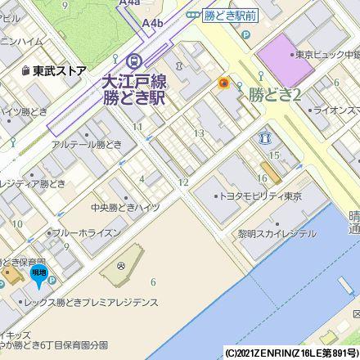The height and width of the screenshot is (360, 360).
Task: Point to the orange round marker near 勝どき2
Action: tap(223, 83)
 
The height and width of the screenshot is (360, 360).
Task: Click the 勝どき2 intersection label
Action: tap(276, 95)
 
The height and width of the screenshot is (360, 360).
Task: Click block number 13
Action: tap(198, 133)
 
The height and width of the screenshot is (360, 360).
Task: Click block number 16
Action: tap(263, 178)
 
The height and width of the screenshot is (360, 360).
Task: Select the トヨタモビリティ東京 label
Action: tap(261, 197)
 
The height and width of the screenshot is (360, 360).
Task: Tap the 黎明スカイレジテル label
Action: tap(277, 233)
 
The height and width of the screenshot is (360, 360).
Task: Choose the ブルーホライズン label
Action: tap(90, 233)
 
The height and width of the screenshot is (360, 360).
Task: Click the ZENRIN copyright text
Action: tap(291, 353)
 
